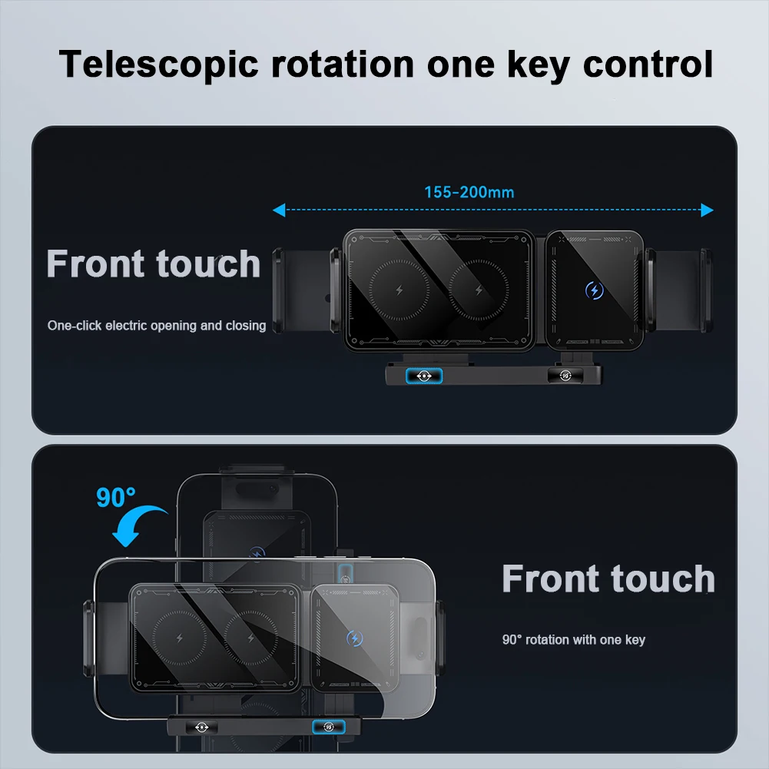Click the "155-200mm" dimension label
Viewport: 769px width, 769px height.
point(469,192)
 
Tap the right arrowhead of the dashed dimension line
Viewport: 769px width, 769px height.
point(708,210)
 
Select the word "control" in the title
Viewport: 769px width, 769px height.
point(648,64)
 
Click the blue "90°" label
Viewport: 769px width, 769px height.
point(116,497)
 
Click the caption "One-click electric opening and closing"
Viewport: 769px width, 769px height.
point(157,326)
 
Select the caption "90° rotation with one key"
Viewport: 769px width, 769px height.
point(573,639)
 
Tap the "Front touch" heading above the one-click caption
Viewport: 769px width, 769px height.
point(154,264)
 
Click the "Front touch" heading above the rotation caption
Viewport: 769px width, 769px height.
point(608,578)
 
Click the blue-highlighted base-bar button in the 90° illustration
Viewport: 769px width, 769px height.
point(327,726)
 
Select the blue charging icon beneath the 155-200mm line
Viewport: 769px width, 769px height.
point(593,290)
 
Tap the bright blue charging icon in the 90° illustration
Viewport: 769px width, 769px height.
point(354,638)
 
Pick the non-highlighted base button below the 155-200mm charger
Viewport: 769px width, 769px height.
point(565,376)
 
